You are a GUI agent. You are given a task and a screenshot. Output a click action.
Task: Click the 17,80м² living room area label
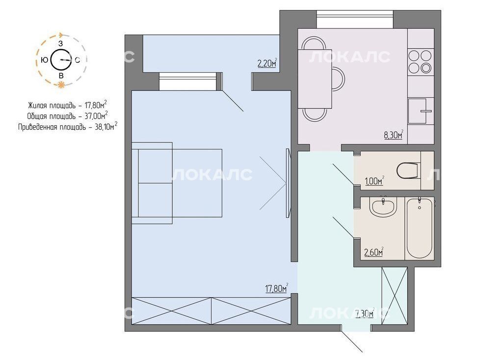pyautogui.click(x=277, y=288)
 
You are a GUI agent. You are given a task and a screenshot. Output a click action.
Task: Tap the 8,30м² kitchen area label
pyautogui.click(x=394, y=135)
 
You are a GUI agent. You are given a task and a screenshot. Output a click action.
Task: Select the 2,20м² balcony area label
pyautogui.click(x=267, y=63)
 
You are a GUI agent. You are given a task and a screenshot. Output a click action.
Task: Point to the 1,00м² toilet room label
pyautogui.click(x=374, y=181)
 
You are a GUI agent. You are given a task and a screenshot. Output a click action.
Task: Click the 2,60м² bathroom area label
pyautogui.click(x=374, y=252)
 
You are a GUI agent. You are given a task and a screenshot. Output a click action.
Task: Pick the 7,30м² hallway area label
pyautogui.click(x=365, y=313)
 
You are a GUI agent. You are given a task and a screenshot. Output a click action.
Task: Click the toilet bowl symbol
pyautogui.click(x=409, y=170)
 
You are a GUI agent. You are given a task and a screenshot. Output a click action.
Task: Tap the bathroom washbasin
pyautogui.click(x=383, y=207)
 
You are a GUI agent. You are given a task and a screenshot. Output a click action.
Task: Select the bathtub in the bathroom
pyautogui.click(x=420, y=228)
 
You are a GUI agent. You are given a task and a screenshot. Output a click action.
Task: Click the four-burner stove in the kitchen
pyautogui.click(x=421, y=61)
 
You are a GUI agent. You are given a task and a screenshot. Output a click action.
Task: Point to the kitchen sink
pyautogui.click(x=417, y=111)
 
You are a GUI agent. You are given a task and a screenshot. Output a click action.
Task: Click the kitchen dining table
pyautogui.click(x=315, y=79)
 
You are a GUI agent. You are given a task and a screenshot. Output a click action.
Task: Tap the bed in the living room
pyautogui.click(x=177, y=183)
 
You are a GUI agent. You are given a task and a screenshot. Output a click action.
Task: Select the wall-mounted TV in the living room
pyautogui.click(x=288, y=183)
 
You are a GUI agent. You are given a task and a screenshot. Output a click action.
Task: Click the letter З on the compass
pyautogui.click(x=61, y=44)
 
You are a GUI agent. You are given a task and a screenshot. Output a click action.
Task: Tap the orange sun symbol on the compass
pyautogui.click(x=61, y=85)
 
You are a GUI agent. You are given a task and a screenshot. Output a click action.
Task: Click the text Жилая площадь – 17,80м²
pyautogui.click(x=67, y=106)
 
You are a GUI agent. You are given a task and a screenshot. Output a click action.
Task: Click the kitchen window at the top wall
pyautogui.click(x=354, y=19)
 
